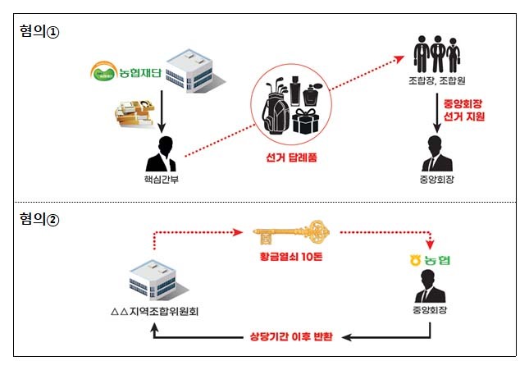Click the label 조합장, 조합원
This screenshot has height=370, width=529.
[x=436, y=83]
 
